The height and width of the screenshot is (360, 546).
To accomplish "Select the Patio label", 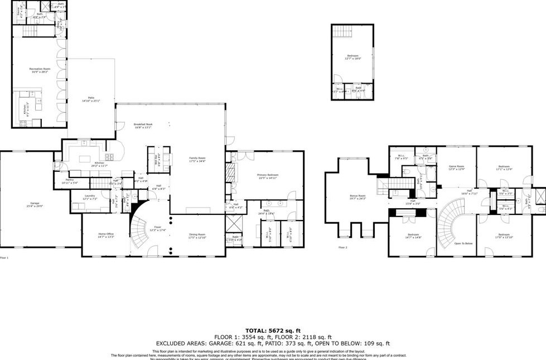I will (90, 99).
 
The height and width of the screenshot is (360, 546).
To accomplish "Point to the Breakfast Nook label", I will (143, 125).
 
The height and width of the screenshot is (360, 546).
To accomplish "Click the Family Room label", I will (198, 159).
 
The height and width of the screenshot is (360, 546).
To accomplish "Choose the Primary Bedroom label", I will (268, 176).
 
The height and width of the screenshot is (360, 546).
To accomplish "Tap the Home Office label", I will (106, 235).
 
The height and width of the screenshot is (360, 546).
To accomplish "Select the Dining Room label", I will (197, 235).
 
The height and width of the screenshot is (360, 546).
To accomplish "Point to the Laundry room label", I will (89, 197).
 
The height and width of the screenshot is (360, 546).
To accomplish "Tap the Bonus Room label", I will (357, 196).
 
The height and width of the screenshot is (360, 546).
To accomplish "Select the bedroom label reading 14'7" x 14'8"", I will (413, 236).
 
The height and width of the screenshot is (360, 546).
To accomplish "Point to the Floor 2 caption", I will (342, 247).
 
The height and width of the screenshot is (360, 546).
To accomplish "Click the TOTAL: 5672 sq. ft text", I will (273, 330).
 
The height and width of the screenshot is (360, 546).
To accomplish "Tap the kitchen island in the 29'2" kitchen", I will (85, 159).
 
